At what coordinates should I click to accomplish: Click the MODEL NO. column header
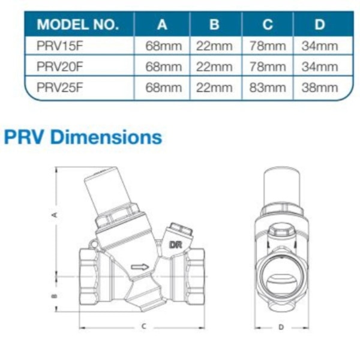[77, 25]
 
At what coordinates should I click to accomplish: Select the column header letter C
[268, 25]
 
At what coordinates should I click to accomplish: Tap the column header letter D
[320, 25]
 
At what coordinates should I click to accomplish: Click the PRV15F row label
[59, 46]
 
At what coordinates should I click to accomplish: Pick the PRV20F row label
[59, 67]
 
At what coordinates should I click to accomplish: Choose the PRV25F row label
[59, 88]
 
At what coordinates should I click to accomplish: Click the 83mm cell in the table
[268, 88]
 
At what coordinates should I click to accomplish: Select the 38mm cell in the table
[320, 88]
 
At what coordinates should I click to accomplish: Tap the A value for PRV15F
[163, 46]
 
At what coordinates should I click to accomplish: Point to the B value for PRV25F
[214, 88]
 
